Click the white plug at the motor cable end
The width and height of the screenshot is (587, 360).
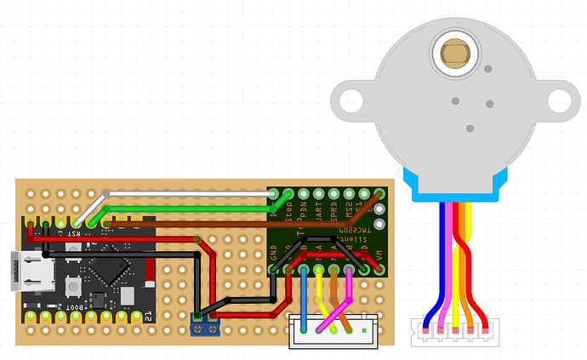455,334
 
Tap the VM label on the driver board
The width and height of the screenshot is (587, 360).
379,253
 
